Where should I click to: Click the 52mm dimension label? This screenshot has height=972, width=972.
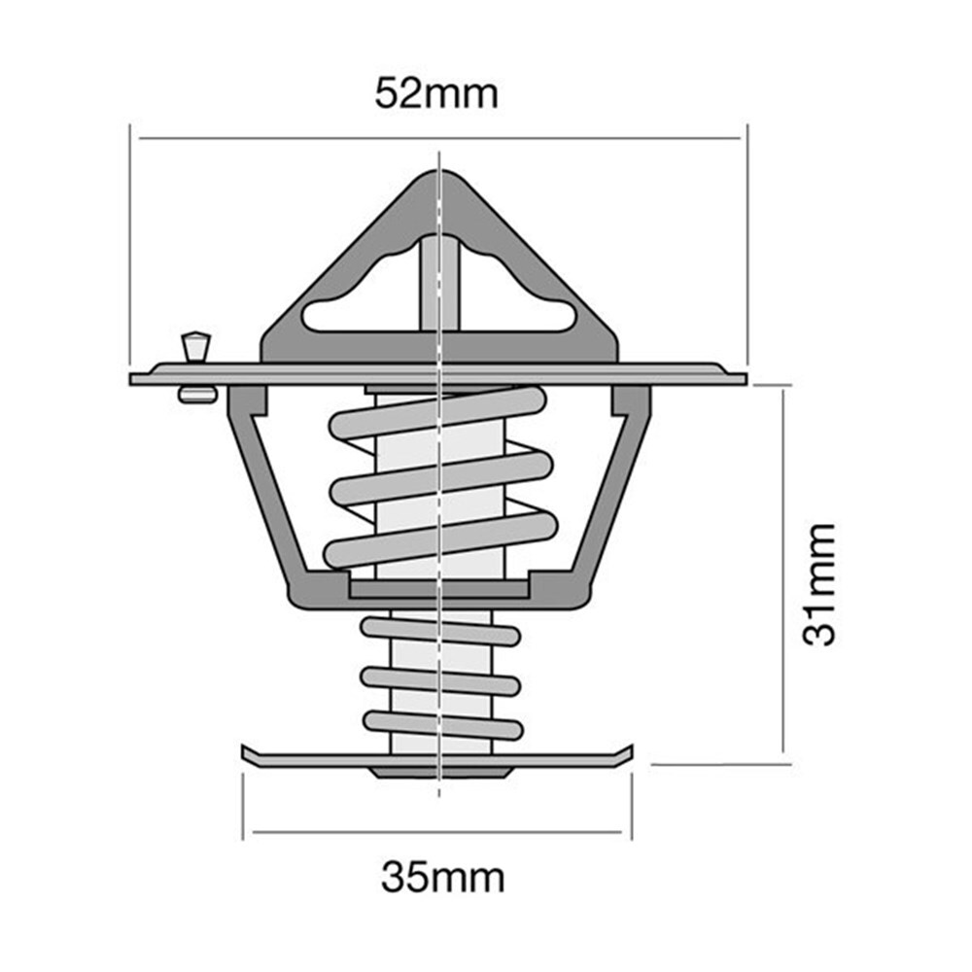[436, 94]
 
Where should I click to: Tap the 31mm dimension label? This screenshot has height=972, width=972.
[819, 584]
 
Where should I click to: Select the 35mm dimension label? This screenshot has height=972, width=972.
[442, 877]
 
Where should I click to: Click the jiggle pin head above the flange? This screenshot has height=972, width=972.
[196, 346]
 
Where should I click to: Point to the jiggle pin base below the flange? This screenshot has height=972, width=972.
[197, 395]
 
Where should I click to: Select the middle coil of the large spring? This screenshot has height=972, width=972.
[441, 478]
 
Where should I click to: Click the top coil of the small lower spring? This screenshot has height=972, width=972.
[440, 632]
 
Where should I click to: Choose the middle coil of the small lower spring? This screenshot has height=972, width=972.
[440, 681]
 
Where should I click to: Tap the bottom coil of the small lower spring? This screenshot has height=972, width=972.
[442, 726]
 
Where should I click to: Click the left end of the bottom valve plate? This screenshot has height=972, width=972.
[243, 752]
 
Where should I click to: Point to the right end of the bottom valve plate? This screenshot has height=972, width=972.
[632, 750]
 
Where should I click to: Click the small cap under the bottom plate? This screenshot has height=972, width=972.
[440, 773]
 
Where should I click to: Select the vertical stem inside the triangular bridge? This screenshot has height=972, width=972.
[439, 284]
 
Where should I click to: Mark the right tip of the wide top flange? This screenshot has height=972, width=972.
[746, 379]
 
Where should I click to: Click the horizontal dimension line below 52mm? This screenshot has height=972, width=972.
[440, 138]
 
